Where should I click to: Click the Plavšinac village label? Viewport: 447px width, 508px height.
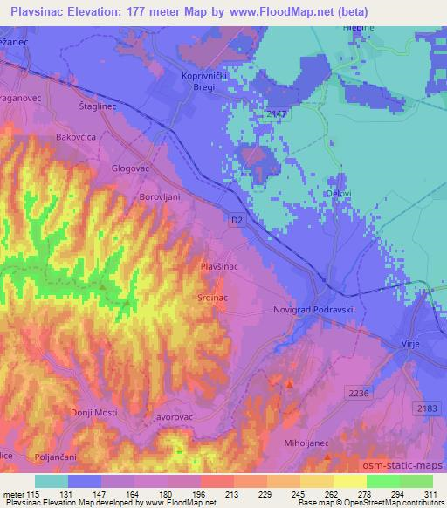pyautogui.click(x=219, y=266)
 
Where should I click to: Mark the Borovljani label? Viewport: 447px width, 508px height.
pyautogui.click(x=160, y=197)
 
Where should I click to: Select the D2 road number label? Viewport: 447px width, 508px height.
pyautogui.click(x=239, y=221)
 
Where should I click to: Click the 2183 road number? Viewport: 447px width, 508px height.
pyautogui.click(x=426, y=408)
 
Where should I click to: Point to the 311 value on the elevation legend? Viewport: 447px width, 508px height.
pyautogui.click(x=431, y=494)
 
